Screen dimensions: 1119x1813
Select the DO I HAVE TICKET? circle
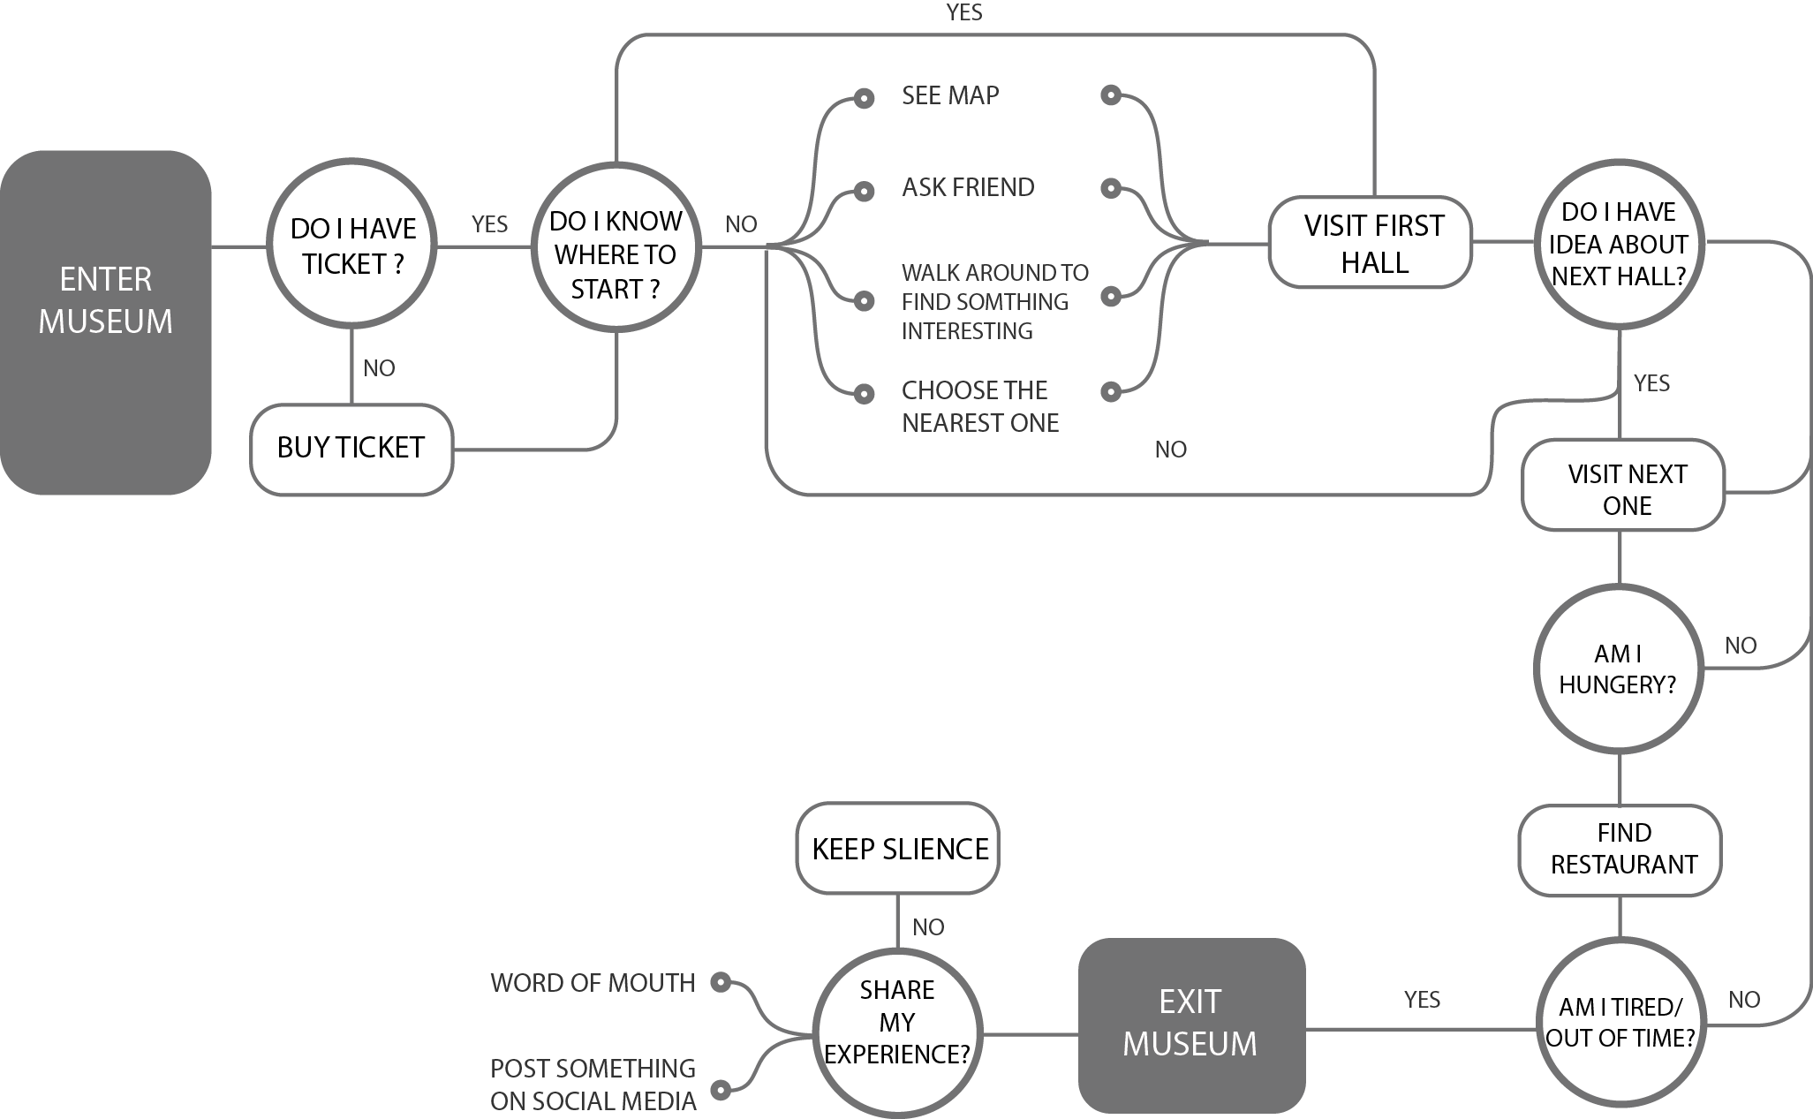[352, 245]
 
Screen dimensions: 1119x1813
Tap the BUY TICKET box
[351, 449]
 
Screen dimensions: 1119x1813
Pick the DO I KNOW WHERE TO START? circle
[616, 246]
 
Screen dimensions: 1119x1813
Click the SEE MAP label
[950, 95]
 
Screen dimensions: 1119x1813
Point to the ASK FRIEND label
[968, 187]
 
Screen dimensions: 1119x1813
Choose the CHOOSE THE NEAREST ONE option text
[979, 406]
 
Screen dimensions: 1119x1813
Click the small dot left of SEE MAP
[865, 98]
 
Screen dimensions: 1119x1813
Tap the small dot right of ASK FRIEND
[1111, 187]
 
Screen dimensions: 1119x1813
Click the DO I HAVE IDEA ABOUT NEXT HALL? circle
[1619, 245]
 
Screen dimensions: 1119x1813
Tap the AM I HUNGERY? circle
[1619, 669]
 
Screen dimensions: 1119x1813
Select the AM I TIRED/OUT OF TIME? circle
[1620, 1024]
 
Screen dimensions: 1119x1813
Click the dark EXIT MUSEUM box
[1191, 1024]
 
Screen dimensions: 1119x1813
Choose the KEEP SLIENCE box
[898, 848]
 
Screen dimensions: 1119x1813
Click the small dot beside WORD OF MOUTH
[721, 981]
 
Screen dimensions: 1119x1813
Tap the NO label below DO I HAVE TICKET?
[379, 368]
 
